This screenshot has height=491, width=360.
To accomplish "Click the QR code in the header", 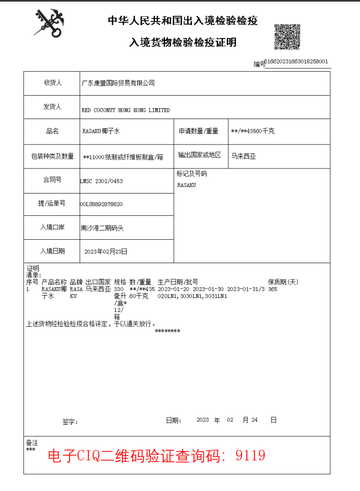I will coord(286,37).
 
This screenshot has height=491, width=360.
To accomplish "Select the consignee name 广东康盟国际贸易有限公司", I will coord(118,83).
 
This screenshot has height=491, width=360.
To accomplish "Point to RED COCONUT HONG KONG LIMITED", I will coord(126,110).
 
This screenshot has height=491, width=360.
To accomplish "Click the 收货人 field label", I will coord(53,83).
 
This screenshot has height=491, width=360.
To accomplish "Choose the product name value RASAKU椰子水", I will coord(101,132).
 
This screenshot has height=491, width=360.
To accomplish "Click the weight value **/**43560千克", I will coord(252,132).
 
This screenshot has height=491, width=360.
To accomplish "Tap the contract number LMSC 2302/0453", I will coord(101,181).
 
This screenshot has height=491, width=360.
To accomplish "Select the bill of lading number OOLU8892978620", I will coord(101,204).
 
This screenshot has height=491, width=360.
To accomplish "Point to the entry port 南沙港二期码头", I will coord(102,228).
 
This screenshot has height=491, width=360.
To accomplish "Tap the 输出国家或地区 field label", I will coord(200,156).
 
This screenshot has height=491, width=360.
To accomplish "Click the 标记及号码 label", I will coord(192,174).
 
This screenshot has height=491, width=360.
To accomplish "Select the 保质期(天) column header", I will coord(283,282).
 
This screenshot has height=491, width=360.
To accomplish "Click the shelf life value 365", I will coord(273,289).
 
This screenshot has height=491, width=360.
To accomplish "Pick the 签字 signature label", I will coord(70,421).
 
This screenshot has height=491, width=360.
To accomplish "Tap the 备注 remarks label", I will coord(32,443).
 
